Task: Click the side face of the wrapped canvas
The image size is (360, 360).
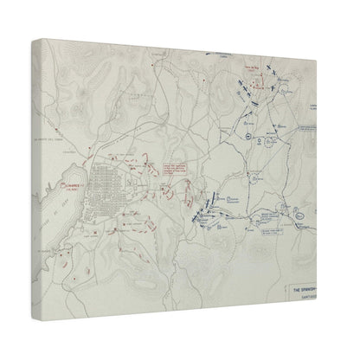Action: coord(35,156)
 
